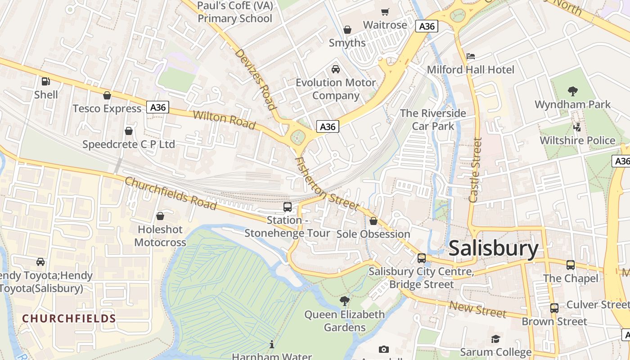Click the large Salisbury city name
point(493,248)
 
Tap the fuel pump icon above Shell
point(45,81)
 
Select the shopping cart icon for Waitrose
point(385,12)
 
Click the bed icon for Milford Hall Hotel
point(470,56)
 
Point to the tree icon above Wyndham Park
point(572,91)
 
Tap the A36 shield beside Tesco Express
point(157,107)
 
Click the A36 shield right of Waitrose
point(426,26)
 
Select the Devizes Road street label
point(255,79)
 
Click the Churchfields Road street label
point(171,193)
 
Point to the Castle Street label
point(475,170)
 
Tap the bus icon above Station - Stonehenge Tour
point(287,207)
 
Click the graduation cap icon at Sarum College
point(495,339)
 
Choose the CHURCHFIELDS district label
point(69,319)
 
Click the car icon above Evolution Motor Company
point(335,69)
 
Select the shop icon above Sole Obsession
point(373,221)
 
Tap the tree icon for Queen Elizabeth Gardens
point(345,301)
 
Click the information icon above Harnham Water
point(271,345)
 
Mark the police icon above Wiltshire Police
point(577,127)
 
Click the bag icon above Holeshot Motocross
point(160,216)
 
